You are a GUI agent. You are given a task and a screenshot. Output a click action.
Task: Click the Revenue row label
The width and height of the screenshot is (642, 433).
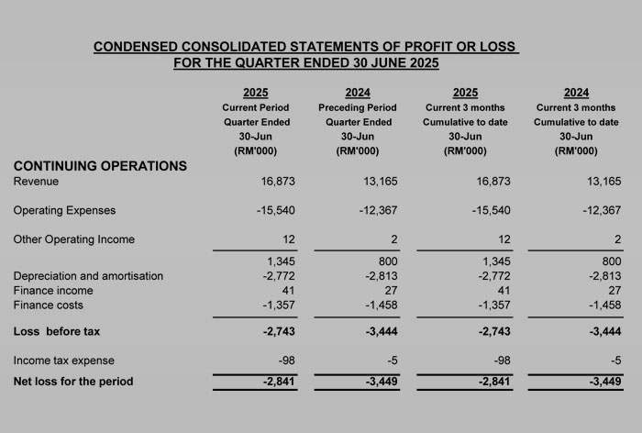(36, 182)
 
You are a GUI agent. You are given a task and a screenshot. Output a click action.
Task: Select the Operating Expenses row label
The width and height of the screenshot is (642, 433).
(64, 211)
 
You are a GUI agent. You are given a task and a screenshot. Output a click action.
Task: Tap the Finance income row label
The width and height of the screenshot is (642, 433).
(53, 291)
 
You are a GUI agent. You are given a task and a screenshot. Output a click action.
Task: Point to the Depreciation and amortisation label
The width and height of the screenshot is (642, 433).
(88, 276)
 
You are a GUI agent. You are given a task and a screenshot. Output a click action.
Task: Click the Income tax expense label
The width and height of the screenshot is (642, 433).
(64, 361)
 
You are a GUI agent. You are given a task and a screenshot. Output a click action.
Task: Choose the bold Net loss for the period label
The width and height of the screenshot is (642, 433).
(73, 382)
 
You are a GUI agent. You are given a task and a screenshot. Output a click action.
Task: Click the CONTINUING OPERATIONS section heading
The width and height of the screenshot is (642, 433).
(100, 166)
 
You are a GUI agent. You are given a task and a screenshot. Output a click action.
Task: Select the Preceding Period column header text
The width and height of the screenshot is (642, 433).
(358, 107)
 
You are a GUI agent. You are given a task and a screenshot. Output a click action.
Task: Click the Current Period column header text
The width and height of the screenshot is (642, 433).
(256, 107)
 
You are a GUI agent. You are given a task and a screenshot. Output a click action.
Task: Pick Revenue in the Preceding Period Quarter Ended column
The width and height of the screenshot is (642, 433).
(381, 182)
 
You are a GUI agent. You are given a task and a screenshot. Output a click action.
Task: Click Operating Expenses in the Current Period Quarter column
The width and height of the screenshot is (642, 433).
(275, 211)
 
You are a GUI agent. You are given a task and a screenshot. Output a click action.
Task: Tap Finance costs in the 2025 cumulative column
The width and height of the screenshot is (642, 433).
(493, 305)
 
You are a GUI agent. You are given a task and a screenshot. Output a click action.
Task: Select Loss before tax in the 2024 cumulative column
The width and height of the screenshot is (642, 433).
(605, 331)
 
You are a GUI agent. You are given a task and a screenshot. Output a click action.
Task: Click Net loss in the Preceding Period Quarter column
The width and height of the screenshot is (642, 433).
(382, 382)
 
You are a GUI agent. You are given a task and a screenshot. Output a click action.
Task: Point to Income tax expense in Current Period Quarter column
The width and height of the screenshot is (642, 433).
(286, 361)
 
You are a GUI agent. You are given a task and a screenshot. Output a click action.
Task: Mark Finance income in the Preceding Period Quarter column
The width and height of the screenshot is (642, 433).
(391, 291)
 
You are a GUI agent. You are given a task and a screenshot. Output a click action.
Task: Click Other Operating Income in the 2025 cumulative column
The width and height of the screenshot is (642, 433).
(504, 239)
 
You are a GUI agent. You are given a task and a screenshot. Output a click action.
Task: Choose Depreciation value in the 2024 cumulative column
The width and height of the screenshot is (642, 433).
(605, 276)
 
